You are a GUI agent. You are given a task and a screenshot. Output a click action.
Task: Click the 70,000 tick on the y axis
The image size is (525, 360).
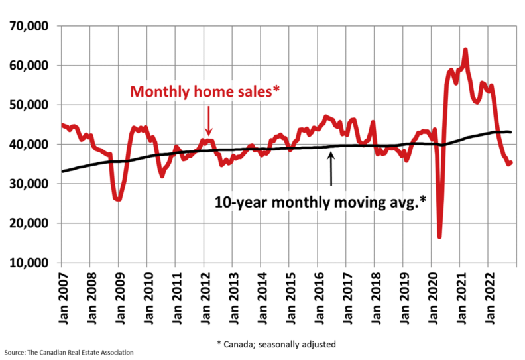[x=29, y=26]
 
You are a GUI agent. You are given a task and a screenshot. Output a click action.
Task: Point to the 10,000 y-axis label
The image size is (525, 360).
[x=29, y=263]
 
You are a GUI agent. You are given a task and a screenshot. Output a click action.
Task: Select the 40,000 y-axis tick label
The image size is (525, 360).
[x=29, y=145]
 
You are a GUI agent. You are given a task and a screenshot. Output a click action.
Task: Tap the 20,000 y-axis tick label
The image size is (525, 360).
[x=29, y=223]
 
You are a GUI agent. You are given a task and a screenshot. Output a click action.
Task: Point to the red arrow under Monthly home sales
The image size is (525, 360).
[x=207, y=121]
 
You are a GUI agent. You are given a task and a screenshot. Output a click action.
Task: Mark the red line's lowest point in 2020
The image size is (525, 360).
[x=439, y=236]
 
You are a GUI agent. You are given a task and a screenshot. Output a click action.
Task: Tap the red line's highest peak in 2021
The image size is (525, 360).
[x=465, y=50]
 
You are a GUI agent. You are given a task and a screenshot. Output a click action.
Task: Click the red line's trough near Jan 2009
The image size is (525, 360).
[x=118, y=198]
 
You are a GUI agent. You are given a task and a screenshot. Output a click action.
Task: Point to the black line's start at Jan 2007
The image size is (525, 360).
[x=62, y=172]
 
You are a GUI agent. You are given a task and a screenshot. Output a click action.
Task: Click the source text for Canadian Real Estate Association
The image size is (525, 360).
[x=68, y=352]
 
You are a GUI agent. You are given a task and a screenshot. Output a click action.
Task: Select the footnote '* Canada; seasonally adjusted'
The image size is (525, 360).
[x=276, y=344]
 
